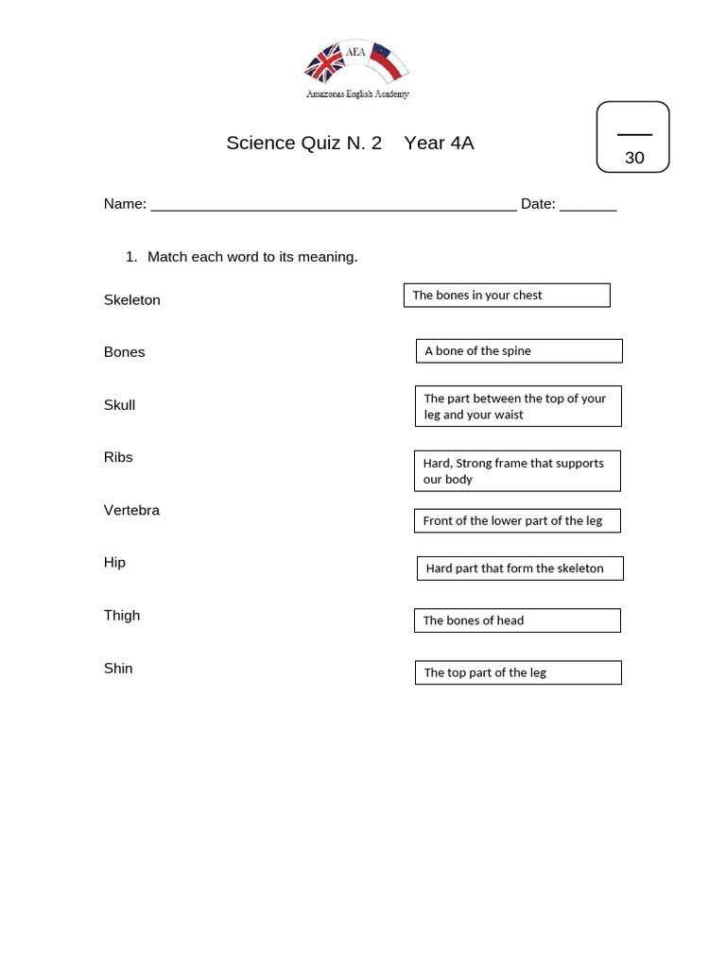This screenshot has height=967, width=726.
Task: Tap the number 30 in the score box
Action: point(634,158)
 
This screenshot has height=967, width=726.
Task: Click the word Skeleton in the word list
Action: point(132,300)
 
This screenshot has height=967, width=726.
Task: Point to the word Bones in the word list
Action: point(125,352)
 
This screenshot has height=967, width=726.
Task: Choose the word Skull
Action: point(120,405)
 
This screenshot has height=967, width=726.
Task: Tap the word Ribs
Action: point(118,457)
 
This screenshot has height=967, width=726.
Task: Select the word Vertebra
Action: point(131,510)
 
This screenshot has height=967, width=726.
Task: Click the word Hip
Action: point(114,563)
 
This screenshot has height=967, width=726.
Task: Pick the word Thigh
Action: point(122,616)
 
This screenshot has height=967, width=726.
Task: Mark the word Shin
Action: point(118,669)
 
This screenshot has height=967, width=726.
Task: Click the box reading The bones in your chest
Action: point(507,296)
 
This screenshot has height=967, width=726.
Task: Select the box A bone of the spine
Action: point(519,351)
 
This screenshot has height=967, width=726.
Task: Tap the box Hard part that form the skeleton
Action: point(519,568)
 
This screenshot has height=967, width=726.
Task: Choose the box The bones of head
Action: point(517,620)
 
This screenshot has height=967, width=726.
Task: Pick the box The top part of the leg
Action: point(518,672)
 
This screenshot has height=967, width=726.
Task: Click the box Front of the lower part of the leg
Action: point(516,520)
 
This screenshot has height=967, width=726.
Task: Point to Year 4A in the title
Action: point(439,144)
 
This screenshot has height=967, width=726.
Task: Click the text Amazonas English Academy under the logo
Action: point(357,94)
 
